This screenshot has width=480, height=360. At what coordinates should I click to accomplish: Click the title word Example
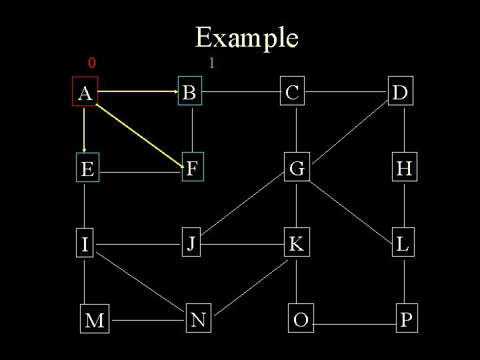tap(247, 38)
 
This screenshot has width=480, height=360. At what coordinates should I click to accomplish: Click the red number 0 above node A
tap(92, 64)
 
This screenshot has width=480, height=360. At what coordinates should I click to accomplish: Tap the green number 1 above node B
tap(211, 64)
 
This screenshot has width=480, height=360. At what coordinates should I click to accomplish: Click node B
tap(190, 93)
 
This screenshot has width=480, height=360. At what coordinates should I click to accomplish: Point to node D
tap(401, 93)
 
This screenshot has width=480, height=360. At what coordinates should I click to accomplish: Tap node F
tap(192, 169)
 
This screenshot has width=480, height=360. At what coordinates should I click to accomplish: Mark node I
tap(85, 245)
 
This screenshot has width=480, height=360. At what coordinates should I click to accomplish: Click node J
tap(191, 244)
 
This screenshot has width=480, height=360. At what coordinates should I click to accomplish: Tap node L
tap(403, 244)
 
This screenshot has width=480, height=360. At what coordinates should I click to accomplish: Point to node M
tap(95, 321)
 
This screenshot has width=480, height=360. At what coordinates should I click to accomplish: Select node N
tap(197, 321)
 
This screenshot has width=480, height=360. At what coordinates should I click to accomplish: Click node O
tap(301, 320)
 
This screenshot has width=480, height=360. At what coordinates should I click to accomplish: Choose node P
tap(406, 320)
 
